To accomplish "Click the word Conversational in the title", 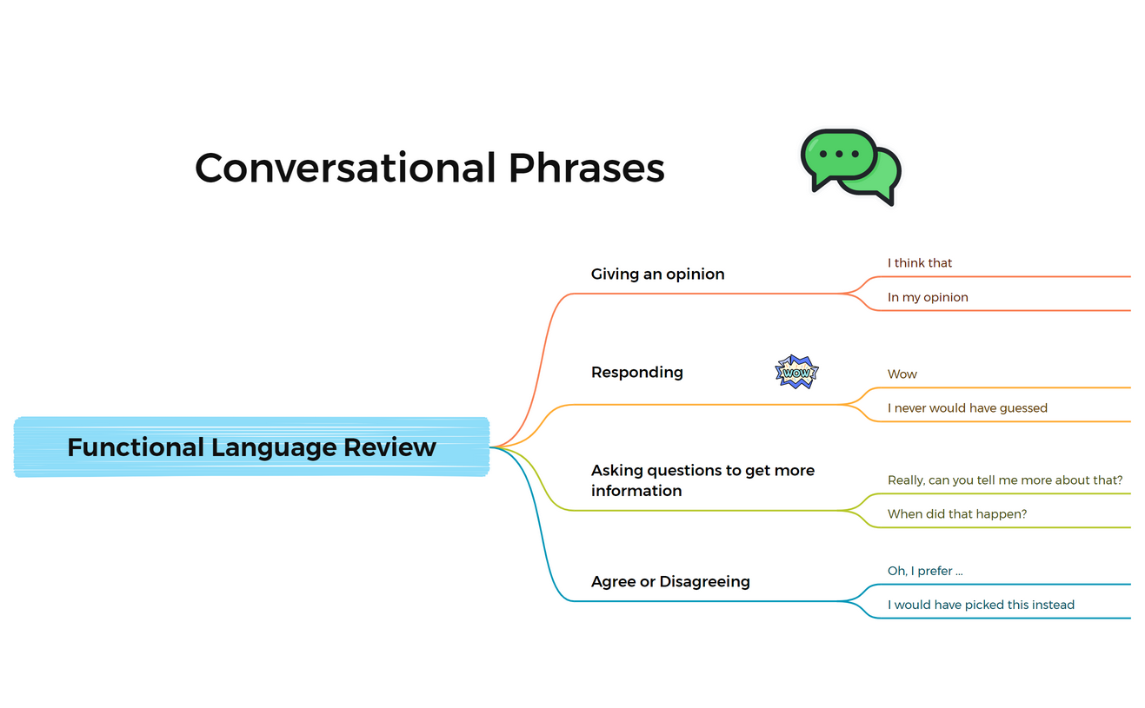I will pos(346,168).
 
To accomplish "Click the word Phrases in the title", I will pos(586,168).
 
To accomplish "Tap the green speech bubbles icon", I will pos(849,167).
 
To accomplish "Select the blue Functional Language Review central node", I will pos(251,447).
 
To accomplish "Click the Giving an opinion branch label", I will pos(657,274).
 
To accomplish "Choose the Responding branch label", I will pos(636,372).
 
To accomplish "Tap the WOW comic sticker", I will pos(796,372).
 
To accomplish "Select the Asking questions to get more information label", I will pos(702,480).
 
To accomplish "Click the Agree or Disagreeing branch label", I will pos(669,581).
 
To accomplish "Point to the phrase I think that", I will pos(919,262).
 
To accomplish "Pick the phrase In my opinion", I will pos(927,297).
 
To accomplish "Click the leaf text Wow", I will pos(902,374).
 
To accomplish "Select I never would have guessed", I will pos(967,407).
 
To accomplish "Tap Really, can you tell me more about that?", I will pos(1004,480).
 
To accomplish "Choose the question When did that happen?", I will pos(956,513).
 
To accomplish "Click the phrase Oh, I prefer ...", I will pos(924,571).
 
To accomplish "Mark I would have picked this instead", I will pos(980,605).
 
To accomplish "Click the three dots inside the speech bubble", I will pos(838,154).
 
